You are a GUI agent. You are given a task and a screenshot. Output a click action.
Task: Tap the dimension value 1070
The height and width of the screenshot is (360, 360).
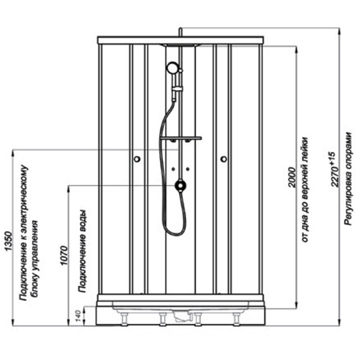[64, 256]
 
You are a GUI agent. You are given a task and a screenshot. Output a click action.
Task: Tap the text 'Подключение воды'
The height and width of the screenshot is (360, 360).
[82, 251]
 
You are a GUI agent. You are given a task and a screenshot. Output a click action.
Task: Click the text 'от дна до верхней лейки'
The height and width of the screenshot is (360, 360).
[305, 190]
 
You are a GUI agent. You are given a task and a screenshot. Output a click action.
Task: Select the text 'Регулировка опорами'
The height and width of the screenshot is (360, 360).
[348, 179]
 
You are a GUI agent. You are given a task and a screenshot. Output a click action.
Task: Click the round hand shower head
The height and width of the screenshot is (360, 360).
[172, 68]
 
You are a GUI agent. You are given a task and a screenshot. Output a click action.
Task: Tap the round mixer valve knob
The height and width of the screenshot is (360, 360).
[181, 186]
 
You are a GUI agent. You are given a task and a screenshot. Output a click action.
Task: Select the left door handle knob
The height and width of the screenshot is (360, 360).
[137, 159]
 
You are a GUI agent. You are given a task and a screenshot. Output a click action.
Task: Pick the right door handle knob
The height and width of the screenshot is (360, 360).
[224, 159]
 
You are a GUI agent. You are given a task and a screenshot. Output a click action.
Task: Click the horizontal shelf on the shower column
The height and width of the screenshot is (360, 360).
[181, 138]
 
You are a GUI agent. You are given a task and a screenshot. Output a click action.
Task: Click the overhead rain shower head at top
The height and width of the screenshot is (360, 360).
[181, 45]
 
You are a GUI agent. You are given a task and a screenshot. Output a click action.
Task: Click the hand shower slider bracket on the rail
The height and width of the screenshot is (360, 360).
[176, 89]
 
